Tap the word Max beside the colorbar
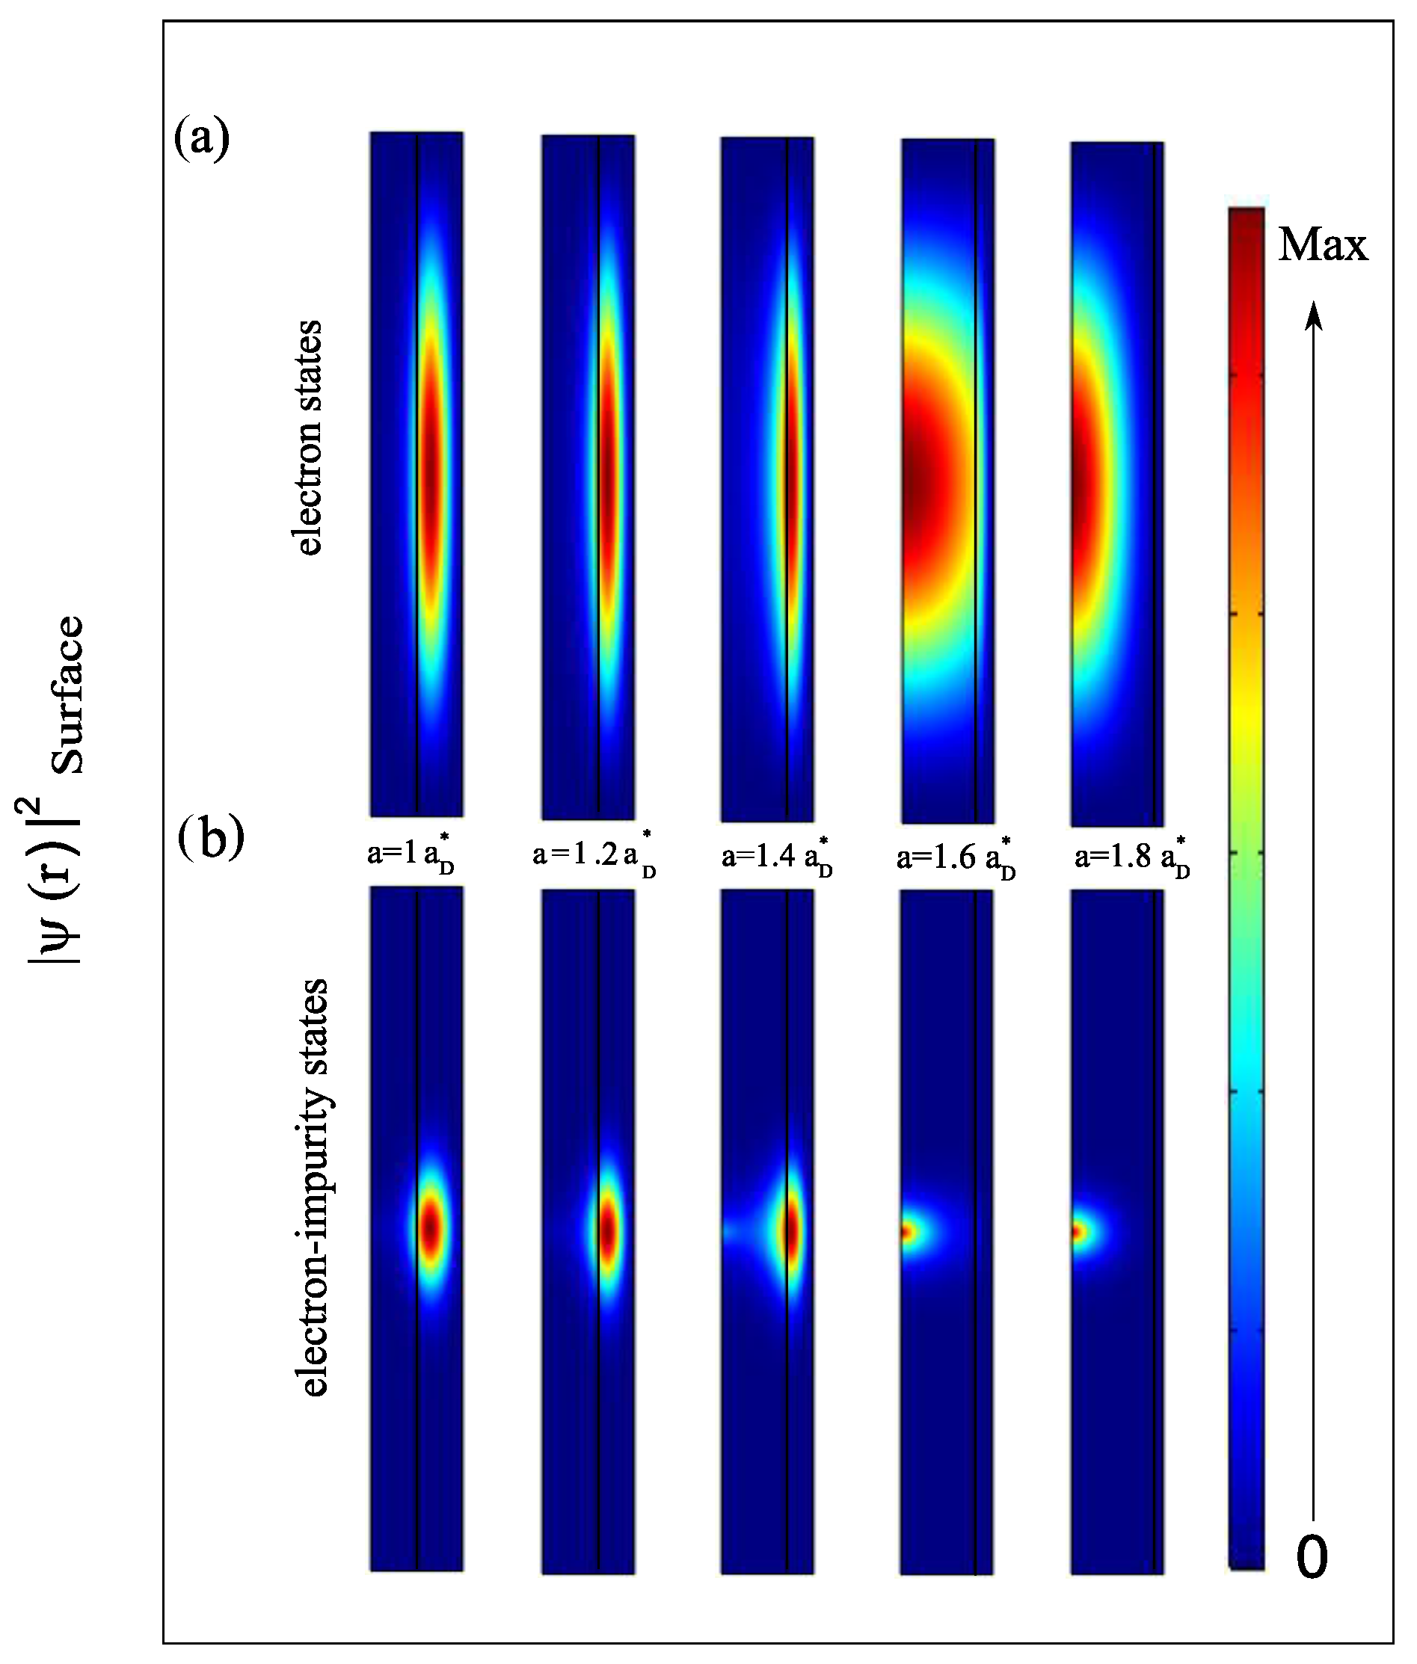coord(1322,245)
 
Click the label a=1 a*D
coord(411,857)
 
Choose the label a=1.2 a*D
coord(594,857)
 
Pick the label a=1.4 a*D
coord(776,858)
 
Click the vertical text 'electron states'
coord(310,438)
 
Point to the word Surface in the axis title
coord(68,694)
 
